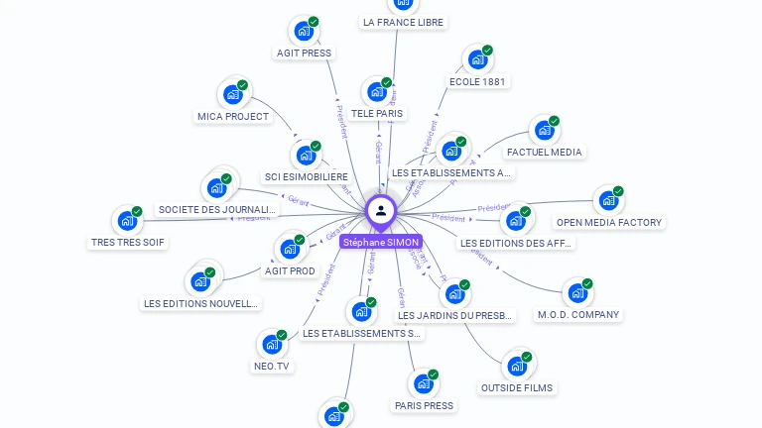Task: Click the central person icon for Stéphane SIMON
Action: (380, 210)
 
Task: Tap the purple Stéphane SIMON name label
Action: (381, 242)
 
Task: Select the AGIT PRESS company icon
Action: (304, 31)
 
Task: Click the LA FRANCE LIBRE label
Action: (403, 22)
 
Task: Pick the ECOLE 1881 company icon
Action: (477, 59)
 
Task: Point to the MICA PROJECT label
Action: (233, 116)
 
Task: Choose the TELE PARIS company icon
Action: (376, 92)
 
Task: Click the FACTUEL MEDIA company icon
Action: (544, 130)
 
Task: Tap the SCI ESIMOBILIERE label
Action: (307, 176)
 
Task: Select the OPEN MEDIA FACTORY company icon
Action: (608, 200)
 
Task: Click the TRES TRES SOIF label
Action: (128, 242)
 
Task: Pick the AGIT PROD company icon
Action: (290, 249)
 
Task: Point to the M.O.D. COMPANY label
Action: (578, 315)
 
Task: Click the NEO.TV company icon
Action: (271, 345)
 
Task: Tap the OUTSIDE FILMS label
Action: (517, 387)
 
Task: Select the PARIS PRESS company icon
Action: (424, 383)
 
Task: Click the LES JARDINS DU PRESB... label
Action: (455, 316)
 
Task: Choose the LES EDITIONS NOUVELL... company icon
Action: (200, 280)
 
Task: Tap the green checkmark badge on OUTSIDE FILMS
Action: (527, 357)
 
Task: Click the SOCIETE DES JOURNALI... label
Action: (216, 209)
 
